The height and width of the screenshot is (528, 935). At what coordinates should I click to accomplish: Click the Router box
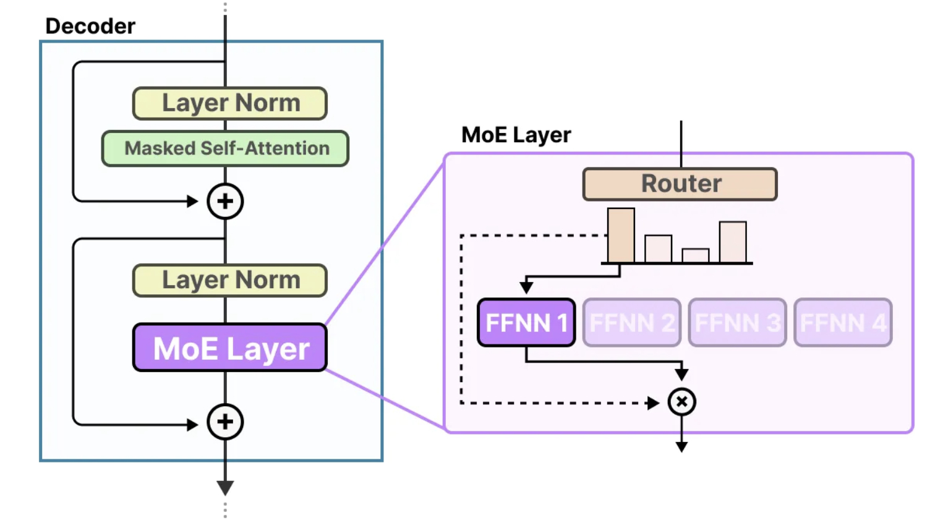coord(680,184)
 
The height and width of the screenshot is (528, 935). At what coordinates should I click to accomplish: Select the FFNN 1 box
coord(526,322)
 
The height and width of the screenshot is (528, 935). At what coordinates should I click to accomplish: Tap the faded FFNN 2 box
coord(632,322)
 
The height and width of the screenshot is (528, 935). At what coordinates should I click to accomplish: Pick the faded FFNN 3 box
coord(738,322)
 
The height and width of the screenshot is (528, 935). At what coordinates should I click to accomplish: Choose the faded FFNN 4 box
coord(843,322)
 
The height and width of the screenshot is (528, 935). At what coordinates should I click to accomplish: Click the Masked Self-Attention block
coord(225,148)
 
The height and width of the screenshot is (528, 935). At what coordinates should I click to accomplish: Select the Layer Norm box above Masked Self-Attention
coord(229,103)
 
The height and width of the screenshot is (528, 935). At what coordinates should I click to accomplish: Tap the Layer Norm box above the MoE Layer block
coord(229,281)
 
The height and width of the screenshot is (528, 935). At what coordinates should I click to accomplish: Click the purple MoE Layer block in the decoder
coord(229,347)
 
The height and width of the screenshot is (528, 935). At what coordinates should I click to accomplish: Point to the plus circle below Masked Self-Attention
coord(225,202)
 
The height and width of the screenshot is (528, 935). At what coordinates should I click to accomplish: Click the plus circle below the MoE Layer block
coord(225,422)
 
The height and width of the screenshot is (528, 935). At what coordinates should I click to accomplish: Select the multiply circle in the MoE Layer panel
coord(681,402)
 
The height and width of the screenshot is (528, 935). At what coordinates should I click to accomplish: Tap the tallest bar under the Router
coord(621,236)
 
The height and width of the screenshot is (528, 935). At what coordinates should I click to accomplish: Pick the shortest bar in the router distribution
coord(696,256)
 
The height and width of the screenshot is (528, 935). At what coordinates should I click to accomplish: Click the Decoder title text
coord(90,27)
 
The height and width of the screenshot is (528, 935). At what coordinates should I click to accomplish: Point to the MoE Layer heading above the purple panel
coord(516,135)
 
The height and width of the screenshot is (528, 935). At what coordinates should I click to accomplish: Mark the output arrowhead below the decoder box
coord(225,488)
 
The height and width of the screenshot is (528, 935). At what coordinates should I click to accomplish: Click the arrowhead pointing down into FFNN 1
coord(526,287)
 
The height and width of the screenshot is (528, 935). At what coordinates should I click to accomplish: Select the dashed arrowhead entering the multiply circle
coord(653,403)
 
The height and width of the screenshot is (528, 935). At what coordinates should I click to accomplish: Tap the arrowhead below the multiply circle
coord(681,447)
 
